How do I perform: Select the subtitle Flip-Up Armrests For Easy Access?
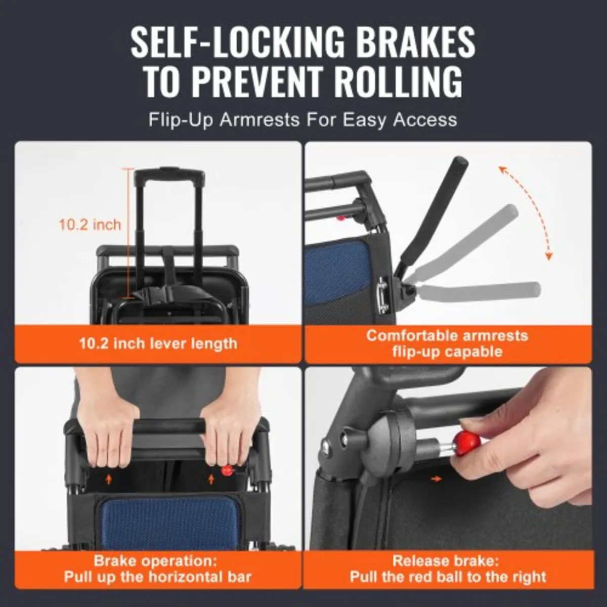302,120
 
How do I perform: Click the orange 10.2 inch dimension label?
90,225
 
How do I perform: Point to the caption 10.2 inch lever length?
158,343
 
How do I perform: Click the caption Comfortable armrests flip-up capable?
447,343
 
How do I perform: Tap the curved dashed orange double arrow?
526,212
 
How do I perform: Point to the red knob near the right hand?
227,470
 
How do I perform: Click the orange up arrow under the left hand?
109,478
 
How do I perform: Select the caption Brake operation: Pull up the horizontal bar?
158,569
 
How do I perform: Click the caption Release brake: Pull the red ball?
447,569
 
